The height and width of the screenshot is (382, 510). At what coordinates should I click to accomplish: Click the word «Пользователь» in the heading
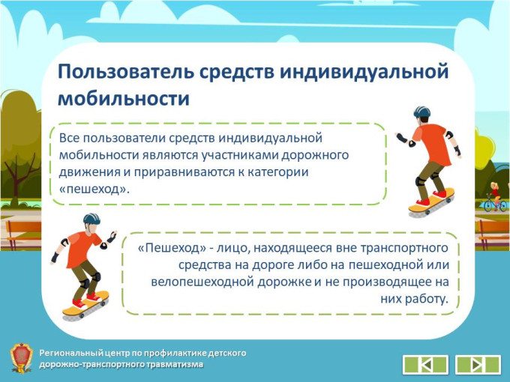[x=125, y=72]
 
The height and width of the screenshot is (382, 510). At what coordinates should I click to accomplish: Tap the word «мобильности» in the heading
[x=124, y=98]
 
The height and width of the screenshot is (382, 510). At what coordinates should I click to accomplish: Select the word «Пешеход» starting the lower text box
[x=172, y=248]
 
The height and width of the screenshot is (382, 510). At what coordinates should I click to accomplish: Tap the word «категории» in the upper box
[x=277, y=172]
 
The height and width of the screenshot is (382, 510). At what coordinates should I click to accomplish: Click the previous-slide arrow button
[x=425, y=365]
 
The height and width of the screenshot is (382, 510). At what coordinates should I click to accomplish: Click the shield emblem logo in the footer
[x=21, y=358]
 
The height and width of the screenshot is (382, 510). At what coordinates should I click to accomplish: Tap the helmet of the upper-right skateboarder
[x=421, y=112]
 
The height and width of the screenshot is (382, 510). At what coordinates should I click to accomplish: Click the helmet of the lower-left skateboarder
[x=91, y=219]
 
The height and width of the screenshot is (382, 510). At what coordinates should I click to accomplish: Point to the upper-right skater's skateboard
[x=431, y=201]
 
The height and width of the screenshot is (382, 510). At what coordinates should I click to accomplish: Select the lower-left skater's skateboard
[x=85, y=305]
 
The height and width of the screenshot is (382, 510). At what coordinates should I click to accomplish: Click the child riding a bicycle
[x=495, y=197]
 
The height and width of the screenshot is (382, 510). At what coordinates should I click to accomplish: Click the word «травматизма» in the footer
[x=175, y=365]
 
